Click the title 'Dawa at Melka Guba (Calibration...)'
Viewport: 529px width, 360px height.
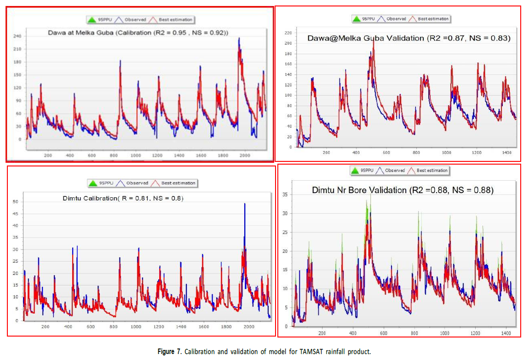click(138, 32)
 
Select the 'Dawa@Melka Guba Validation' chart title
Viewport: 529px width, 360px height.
click(409, 38)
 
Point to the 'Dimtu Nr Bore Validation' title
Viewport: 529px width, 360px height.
click(402, 189)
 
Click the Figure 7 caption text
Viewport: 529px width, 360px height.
click(264, 352)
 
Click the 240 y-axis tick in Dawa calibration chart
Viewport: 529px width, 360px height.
click(17, 36)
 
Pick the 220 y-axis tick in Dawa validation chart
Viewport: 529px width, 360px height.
click(288, 33)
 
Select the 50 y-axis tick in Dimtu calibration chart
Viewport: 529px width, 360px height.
click(15, 202)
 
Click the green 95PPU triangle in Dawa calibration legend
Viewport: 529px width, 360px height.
click(92, 20)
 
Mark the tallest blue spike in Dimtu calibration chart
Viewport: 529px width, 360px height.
click(245, 205)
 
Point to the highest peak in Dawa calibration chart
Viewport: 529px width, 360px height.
click(239, 39)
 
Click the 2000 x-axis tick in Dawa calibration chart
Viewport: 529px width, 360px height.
click(244, 155)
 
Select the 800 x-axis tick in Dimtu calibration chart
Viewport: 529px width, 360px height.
click(113, 326)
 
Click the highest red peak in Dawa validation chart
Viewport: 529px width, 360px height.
click(373, 41)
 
